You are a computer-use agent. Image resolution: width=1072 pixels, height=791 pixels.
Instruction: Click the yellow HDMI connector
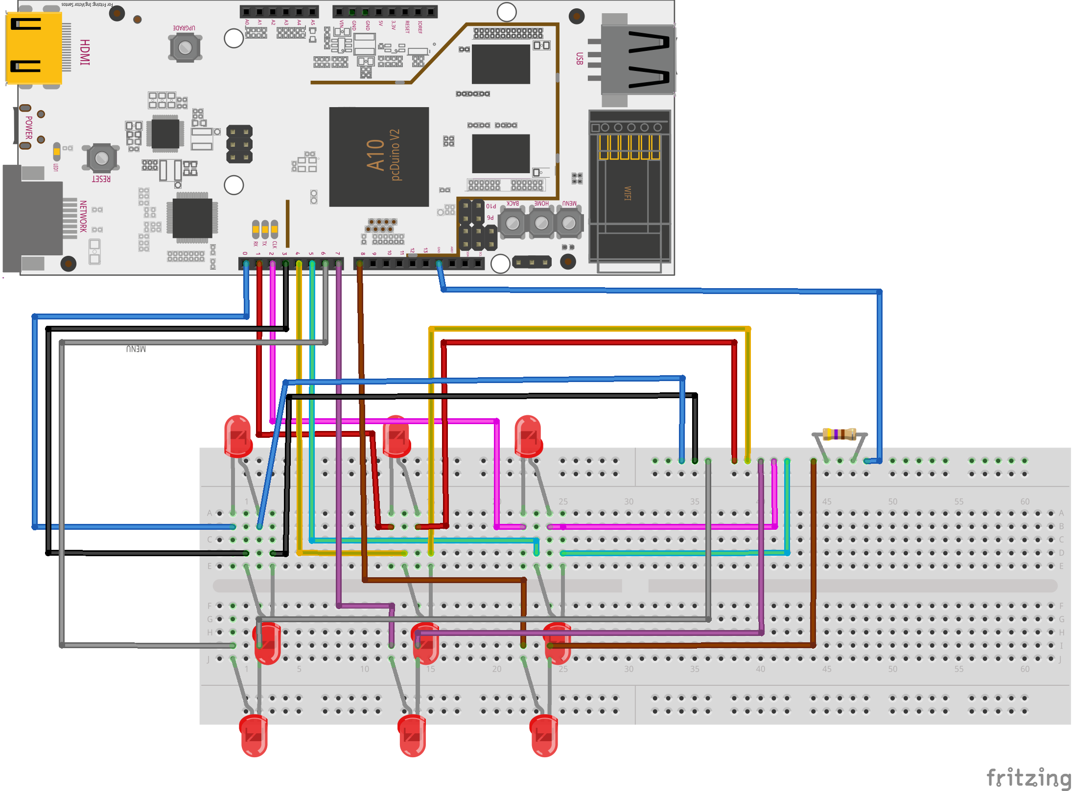click(33, 48)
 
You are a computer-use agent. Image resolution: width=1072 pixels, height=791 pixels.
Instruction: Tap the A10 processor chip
click(379, 157)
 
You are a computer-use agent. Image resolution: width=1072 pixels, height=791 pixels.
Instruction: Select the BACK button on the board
click(512, 223)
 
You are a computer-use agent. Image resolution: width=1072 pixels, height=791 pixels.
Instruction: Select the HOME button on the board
click(541, 223)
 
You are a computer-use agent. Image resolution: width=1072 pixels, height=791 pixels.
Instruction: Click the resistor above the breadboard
click(839, 434)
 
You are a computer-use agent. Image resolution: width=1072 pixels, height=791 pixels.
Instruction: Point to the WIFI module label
click(628, 193)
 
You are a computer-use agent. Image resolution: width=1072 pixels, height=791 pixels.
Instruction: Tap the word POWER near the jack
click(29, 127)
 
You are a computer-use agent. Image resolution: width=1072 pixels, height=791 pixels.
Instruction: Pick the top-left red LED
click(238, 435)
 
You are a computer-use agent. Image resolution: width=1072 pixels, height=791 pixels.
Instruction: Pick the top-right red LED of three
click(528, 435)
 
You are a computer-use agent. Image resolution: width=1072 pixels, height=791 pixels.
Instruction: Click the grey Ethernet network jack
click(33, 219)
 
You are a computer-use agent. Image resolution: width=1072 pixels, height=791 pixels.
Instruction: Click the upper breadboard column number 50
click(892, 501)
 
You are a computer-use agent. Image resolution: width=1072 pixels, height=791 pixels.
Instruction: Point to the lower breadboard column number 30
click(629, 669)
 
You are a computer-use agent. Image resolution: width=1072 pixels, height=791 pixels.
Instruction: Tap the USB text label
click(580, 59)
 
